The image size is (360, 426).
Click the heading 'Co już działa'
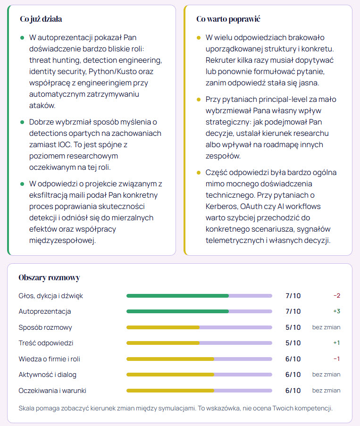tap(41, 19)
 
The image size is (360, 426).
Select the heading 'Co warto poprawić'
tap(228, 19)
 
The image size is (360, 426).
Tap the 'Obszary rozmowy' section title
tap(49, 278)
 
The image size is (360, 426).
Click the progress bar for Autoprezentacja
tap(199, 311)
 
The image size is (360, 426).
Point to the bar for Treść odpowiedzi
tap(199, 343)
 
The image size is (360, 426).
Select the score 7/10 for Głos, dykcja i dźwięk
tap(293, 296)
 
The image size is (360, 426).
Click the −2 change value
tap(336, 296)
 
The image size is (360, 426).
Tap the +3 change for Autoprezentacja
tap(336, 311)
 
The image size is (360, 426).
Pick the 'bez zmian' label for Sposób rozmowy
tap(327, 327)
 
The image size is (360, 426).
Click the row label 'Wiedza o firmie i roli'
tap(49, 359)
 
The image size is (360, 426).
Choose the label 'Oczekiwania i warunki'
tap(52, 391)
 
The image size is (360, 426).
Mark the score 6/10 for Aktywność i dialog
tap(293, 375)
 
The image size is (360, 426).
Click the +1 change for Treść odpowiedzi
tap(336, 343)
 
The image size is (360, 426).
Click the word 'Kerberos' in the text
tap(221, 206)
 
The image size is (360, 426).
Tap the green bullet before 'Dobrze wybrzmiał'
tap(22, 122)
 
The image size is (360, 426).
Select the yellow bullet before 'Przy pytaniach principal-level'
tap(199, 100)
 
